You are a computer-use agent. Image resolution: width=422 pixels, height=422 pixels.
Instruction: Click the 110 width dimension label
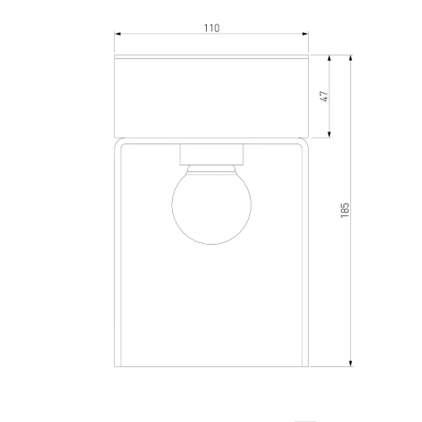tap(212, 28)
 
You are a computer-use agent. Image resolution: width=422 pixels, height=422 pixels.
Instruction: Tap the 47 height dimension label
tap(324, 96)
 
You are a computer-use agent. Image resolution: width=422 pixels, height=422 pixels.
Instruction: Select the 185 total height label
tap(344, 210)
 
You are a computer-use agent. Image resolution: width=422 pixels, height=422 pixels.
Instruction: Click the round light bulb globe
tap(211, 208)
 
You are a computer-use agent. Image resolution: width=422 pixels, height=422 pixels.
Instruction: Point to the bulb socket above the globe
tap(212, 154)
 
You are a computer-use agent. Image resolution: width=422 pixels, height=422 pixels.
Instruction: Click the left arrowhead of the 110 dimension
tap(117, 34)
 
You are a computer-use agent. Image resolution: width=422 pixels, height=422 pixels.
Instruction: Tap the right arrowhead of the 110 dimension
tap(305, 34)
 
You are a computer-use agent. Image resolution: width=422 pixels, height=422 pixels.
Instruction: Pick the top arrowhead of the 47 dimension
tap(330, 58)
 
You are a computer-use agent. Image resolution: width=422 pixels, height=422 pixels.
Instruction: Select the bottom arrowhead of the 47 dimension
tap(330, 134)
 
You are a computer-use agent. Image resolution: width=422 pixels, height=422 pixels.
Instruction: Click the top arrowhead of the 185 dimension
tap(350, 58)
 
